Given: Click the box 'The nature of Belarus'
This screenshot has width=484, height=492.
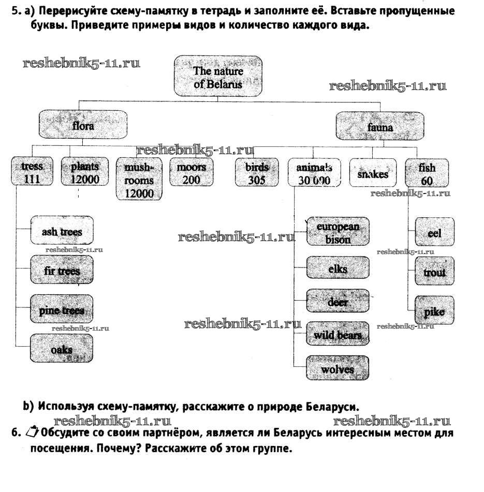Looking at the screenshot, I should pos(217,78).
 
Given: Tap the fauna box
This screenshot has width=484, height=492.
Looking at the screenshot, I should pos(380,127).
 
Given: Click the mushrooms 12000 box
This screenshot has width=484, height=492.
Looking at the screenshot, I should pos(138,181).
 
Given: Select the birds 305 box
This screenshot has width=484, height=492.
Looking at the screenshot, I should pos(256,173).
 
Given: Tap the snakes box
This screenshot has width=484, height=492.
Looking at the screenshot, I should pos(373,174).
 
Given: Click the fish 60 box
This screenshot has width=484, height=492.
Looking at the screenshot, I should pos(427,174).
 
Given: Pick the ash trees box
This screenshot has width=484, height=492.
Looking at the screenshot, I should pos(62,232).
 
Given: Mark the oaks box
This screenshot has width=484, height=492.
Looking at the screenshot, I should pos(62,349).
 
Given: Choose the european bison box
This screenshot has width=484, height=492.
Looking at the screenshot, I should pos(338,233).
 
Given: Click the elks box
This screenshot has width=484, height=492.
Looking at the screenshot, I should pos(338,269).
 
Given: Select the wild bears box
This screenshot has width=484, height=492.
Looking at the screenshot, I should pos(338,335).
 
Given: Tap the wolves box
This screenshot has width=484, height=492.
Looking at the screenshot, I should pos(338,369).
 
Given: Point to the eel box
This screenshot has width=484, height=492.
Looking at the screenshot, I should pos(435,233).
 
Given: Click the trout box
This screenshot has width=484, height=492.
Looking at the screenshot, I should pos(435,272).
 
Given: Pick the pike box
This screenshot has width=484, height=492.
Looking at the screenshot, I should pos(435,311).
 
